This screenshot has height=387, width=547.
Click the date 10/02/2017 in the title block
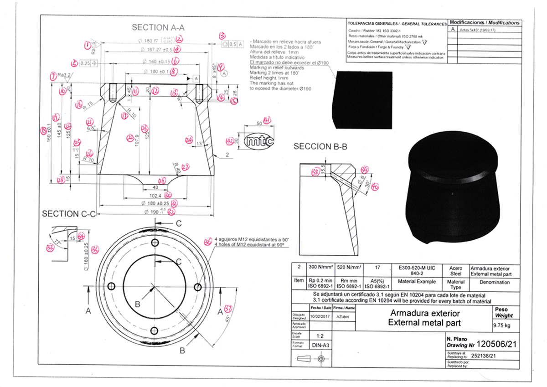(319, 316)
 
